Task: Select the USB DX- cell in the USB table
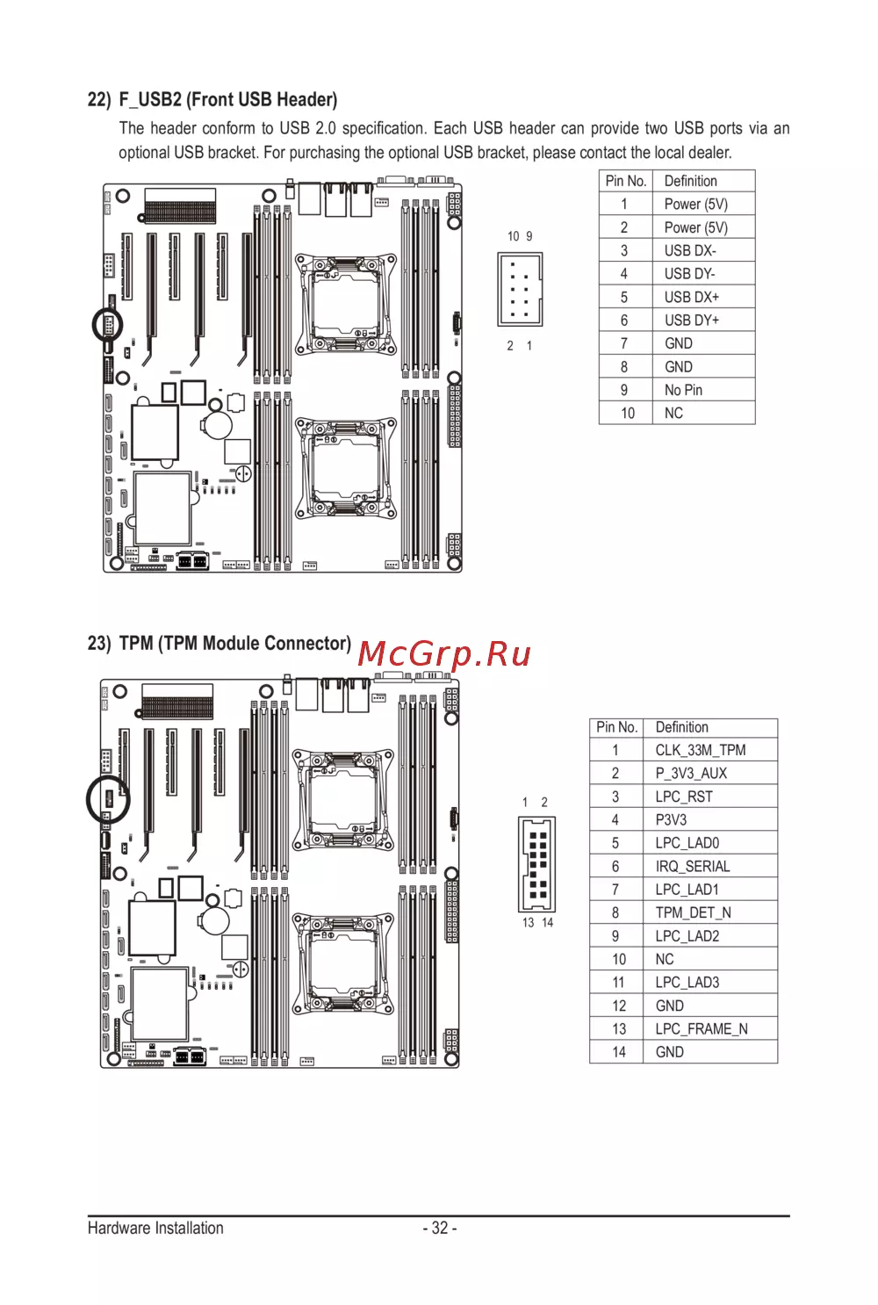click(x=703, y=250)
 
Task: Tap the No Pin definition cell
click(x=703, y=390)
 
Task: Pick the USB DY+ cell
click(x=703, y=320)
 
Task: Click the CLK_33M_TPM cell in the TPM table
click(x=709, y=750)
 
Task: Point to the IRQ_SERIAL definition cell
click(x=709, y=866)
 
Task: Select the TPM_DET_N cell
click(x=709, y=912)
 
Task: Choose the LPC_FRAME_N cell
click(x=709, y=1029)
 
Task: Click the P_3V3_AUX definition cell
click(x=709, y=773)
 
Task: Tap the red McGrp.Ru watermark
click(x=444, y=653)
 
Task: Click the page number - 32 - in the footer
click(x=440, y=1228)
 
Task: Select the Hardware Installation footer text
click(x=155, y=1228)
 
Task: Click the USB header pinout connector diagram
click(x=520, y=289)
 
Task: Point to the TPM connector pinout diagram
click(x=536, y=864)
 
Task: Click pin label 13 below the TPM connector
click(x=528, y=922)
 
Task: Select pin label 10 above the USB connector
click(x=513, y=236)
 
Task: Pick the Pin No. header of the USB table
click(x=626, y=181)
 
